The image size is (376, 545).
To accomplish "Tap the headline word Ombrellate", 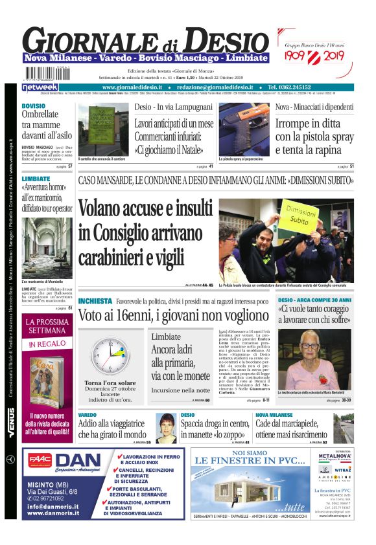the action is coord(40,114).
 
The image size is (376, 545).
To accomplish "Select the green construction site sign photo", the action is coord(104,129).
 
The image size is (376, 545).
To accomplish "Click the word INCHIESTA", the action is coord(95,302).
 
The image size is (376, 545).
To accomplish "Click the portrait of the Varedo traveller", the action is coord(167,428).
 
